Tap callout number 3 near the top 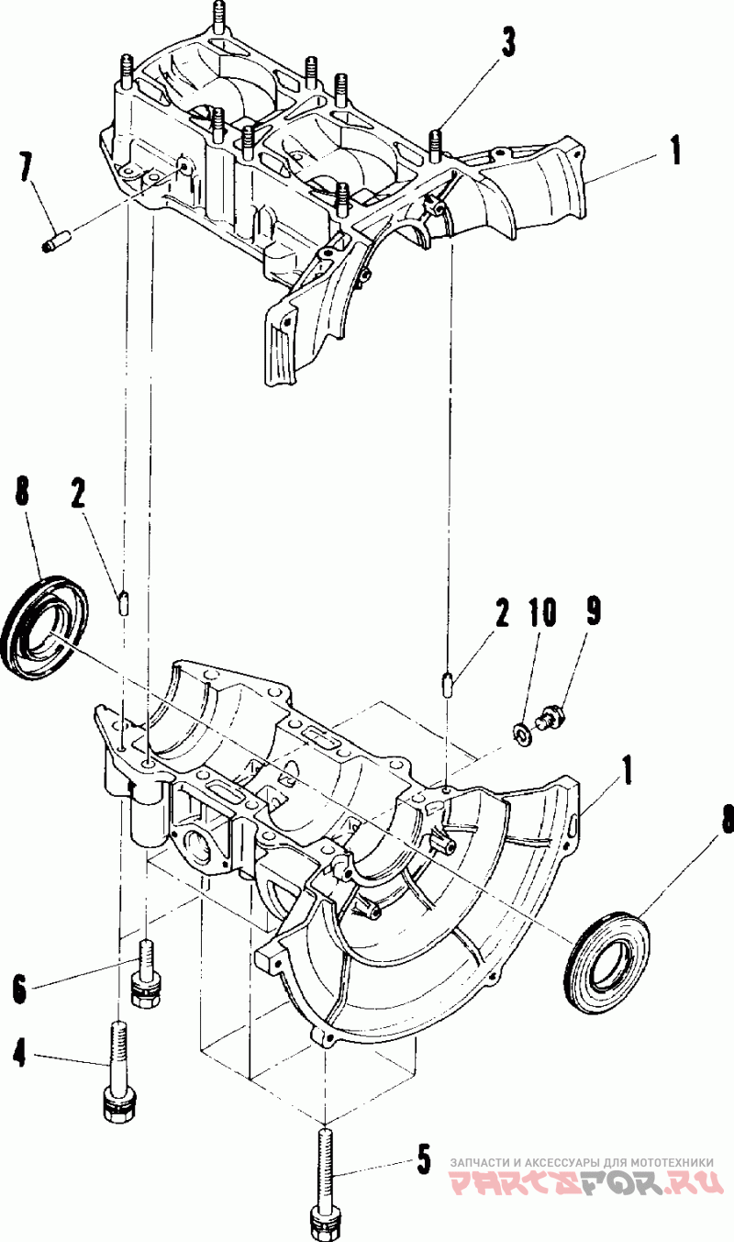[506, 43]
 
